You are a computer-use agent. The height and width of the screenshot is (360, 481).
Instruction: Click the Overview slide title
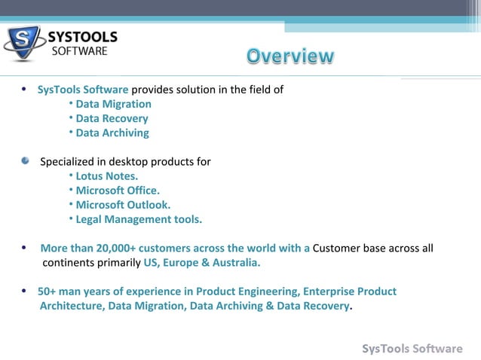(290, 56)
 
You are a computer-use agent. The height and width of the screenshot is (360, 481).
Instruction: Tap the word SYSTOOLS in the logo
(82, 37)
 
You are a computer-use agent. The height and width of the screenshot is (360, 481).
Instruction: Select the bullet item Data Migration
(113, 104)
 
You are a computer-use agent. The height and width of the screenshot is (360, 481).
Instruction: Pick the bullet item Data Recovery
(112, 118)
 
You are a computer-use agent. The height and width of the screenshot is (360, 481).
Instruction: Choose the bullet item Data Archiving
(112, 133)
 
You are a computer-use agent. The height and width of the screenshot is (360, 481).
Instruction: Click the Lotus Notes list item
(106, 176)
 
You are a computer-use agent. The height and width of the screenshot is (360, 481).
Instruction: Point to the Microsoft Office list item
(118, 191)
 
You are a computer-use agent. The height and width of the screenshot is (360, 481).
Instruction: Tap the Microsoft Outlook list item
(123, 205)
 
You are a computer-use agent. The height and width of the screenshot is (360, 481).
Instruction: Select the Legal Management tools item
(139, 219)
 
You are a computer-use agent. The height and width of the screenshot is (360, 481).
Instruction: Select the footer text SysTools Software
(412, 348)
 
